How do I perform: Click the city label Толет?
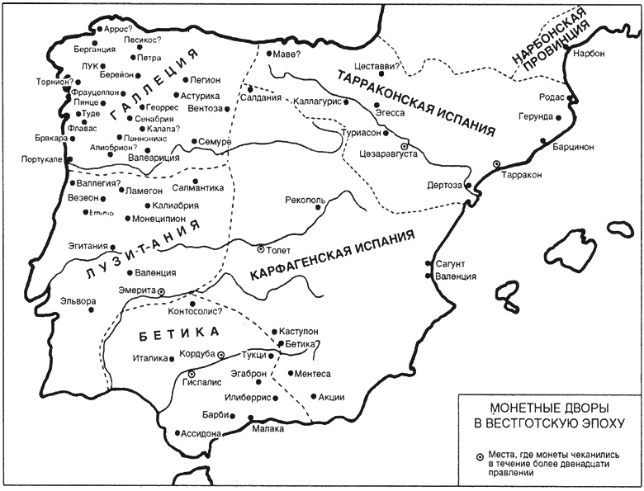278,248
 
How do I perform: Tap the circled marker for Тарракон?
496,164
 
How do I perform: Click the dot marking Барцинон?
543,141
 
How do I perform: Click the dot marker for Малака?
250,419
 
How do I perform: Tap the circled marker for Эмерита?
162,291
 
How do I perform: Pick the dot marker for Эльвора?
92,301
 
